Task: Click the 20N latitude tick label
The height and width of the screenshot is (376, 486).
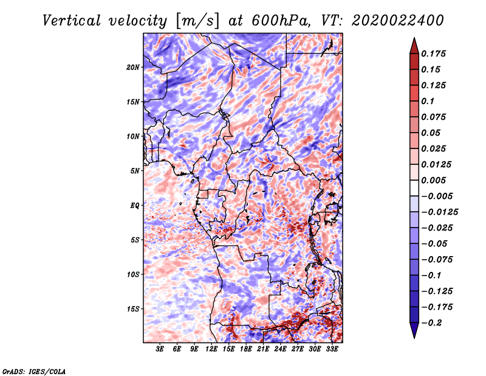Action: pyautogui.click(x=133, y=68)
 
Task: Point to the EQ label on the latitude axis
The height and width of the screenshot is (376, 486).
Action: pyautogui.click(x=134, y=206)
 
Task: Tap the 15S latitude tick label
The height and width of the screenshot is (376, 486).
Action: pyautogui.click(x=133, y=309)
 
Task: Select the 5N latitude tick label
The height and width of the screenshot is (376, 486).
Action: pyautogui.click(x=135, y=171)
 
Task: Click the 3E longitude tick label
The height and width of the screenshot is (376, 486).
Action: pyautogui.click(x=160, y=349)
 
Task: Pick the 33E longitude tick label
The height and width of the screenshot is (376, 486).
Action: pyautogui.click(x=332, y=349)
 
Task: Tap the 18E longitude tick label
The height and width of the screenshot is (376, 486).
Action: pyautogui.click(x=246, y=349)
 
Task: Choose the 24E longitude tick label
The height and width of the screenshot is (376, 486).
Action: pyautogui.click(x=280, y=349)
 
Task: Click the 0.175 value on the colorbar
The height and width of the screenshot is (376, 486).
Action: pyautogui.click(x=433, y=54)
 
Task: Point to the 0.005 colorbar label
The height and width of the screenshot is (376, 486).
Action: pyautogui.click(x=433, y=180)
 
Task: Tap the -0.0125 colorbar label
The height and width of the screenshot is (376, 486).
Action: pyautogui.click(x=439, y=212)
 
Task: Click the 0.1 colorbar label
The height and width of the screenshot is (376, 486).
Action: pyautogui.click(x=428, y=101)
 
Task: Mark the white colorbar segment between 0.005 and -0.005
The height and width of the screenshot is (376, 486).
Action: pyautogui.click(x=414, y=188)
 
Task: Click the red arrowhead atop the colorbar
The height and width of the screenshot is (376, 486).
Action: pyautogui.click(x=414, y=46)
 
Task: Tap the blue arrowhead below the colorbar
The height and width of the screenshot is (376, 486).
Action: pyautogui.click(x=414, y=330)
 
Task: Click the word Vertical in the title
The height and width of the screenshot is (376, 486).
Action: pyautogui.click(x=72, y=21)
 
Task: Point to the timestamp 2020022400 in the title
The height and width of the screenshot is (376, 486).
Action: pyautogui.click(x=398, y=21)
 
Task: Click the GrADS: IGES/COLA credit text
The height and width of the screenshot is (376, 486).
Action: pyautogui.click(x=34, y=371)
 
